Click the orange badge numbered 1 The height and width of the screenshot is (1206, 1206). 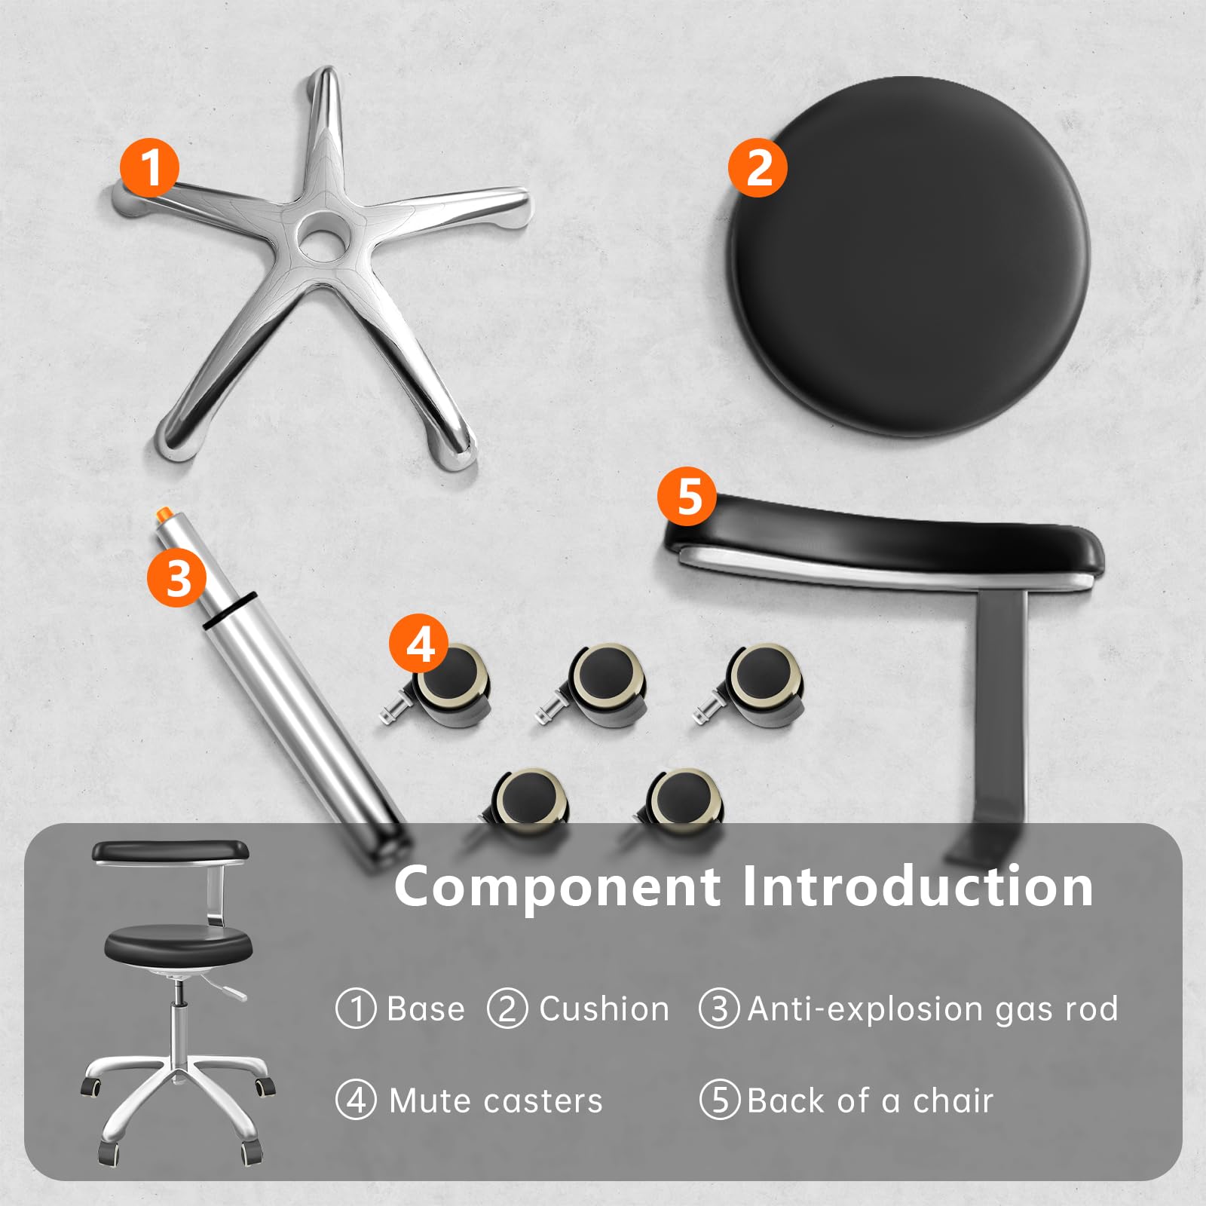151,167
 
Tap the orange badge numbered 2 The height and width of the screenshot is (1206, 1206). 758,167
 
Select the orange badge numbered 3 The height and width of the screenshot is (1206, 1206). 177,578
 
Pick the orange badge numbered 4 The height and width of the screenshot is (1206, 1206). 419,644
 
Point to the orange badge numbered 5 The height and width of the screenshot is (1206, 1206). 687,497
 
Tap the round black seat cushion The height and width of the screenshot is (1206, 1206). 910,256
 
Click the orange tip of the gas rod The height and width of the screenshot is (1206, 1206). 162,513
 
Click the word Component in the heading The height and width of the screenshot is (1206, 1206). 557,887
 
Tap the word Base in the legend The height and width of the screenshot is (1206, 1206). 426,1009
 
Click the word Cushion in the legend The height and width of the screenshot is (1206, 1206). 605,1009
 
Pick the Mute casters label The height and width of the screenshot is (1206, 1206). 496,1101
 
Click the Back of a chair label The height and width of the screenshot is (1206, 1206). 870,1101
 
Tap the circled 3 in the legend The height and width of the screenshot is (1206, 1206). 720,1009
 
